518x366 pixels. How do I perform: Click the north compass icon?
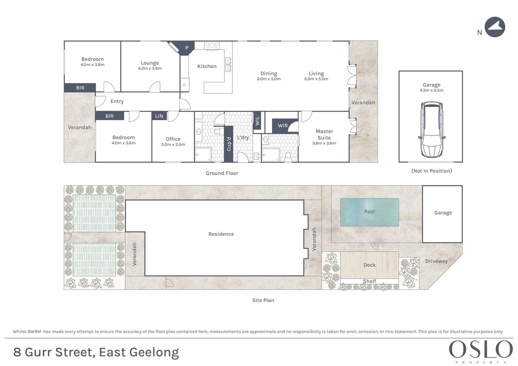[495, 27]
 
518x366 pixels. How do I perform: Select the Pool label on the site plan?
[369, 211]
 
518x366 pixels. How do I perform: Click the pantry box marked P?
[186, 48]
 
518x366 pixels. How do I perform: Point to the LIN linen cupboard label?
[159, 116]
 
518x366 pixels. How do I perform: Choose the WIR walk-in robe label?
[283, 125]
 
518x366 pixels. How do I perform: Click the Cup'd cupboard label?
[229, 144]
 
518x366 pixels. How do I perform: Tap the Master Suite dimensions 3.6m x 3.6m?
[324, 143]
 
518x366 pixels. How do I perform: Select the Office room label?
[173, 139]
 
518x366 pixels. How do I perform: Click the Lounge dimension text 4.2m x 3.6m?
[150, 68]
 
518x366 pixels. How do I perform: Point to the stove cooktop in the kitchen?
[212, 45]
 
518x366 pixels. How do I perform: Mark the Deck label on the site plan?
[369, 265]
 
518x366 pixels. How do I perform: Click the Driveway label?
[436, 261]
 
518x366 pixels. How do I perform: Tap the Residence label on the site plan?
[221, 234]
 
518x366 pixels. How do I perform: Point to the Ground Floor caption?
[222, 173]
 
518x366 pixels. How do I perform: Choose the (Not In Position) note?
[431, 171]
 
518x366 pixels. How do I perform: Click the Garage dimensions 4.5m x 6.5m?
[431, 90]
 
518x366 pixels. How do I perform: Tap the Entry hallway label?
[117, 101]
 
